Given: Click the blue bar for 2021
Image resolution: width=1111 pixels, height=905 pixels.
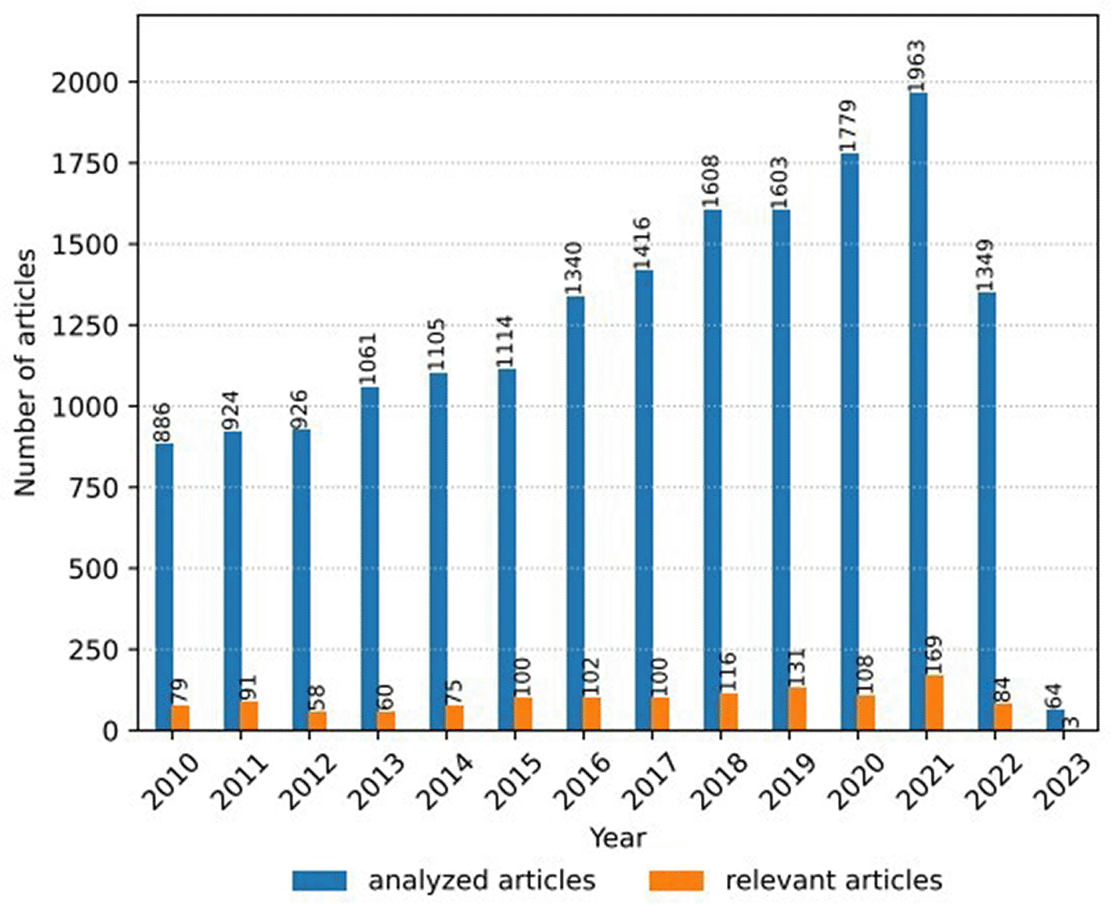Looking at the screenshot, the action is (x=918, y=411).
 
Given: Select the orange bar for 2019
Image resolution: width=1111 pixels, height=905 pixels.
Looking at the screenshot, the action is (x=797, y=708).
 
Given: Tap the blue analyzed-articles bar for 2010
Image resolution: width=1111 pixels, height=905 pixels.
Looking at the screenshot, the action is (x=164, y=586).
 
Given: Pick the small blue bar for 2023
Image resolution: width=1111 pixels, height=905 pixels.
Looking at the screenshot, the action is (x=1055, y=719).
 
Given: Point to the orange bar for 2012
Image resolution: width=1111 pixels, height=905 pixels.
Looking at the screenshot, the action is (x=318, y=720).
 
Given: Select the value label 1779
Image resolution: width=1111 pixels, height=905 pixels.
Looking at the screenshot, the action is (x=848, y=126).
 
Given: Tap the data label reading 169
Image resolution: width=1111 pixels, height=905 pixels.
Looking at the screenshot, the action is (x=934, y=655).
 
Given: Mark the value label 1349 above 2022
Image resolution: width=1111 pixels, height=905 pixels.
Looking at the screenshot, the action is (x=986, y=266).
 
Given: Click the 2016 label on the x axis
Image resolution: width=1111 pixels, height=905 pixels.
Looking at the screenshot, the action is (x=583, y=780).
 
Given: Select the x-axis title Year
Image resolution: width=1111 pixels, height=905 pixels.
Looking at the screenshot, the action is (x=618, y=838).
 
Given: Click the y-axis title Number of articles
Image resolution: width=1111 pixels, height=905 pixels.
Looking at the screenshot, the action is (x=24, y=372).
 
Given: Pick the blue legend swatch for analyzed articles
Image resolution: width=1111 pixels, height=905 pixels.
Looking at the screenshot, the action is (x=319, y=881).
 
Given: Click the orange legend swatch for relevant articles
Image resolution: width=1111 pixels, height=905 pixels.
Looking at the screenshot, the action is (x=677, y=881).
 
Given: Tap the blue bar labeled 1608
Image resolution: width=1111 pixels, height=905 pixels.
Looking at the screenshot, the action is (x=713, y=469).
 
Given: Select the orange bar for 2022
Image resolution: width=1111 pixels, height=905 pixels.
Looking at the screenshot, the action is (x=1003, y=716).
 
